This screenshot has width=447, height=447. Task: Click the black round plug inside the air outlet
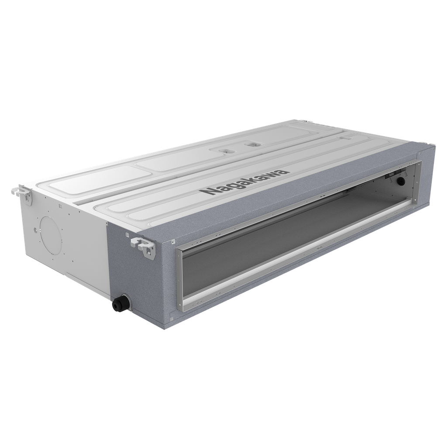point(401,180)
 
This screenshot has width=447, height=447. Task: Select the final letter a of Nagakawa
point(285,171)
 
